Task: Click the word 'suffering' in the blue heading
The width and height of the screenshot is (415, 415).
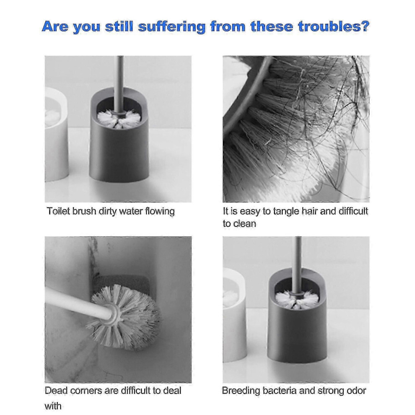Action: click(172, 27)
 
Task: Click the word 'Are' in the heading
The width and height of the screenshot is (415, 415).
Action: click(55, 26)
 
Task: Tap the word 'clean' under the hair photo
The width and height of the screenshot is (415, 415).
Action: click(245, 224)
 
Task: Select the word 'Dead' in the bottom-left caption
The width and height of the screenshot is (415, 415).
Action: click(56, 390)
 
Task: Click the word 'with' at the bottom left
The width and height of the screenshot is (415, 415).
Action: click(53, 406)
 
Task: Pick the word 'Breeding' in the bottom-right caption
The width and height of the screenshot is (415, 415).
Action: click(241, 391)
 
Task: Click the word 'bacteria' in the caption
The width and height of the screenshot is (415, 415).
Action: click(280, 391)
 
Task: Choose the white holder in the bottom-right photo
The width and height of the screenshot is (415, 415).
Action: click(235, 314)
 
